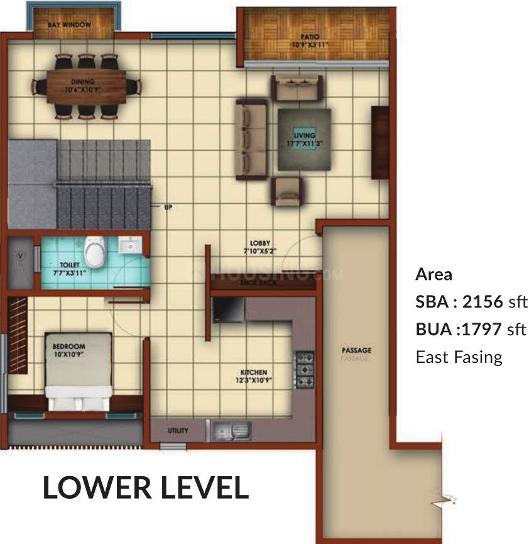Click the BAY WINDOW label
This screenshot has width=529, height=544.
click(69, 25)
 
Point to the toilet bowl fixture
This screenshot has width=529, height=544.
click(95, 252)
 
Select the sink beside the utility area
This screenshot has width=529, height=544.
click(231, 430)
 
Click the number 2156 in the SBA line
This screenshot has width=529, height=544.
click(483, 302)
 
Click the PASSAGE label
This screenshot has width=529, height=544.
click(356, 350)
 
